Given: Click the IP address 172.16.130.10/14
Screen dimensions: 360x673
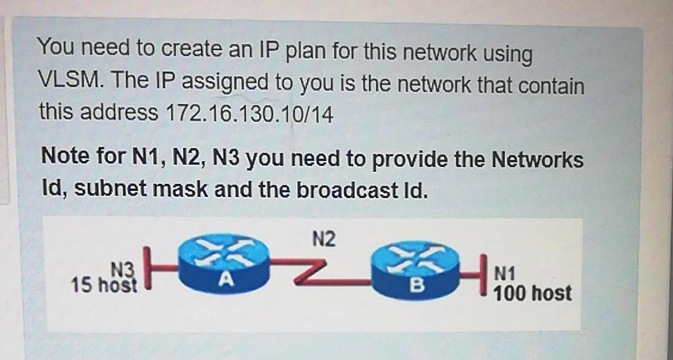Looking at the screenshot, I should pos(249,113).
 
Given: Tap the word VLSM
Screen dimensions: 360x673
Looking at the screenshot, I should pos(69,82).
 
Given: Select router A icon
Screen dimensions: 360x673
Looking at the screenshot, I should pos(223,267).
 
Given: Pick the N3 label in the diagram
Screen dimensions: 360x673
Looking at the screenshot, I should pos(122,269).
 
